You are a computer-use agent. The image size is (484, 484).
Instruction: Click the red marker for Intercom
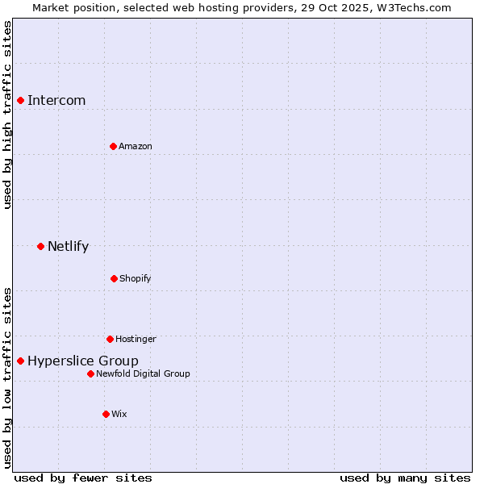click(21, 100)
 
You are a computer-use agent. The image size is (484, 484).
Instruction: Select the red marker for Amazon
click(113, 146)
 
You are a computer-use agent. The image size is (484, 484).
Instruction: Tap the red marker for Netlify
click(40, 246)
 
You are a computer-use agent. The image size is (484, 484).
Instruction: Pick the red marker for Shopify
click(114, 278)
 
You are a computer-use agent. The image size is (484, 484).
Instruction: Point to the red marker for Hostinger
click(110, 339)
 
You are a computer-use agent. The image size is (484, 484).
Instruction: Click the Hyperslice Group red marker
click(21, 361)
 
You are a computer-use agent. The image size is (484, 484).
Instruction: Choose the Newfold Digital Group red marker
click(90, 373)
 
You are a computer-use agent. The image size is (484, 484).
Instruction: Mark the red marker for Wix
click(106, 414)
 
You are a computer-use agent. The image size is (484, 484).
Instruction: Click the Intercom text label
click(56, 101)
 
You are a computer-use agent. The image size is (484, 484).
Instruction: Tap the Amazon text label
click(136, 146)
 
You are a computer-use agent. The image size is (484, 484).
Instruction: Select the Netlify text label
click(68, 247)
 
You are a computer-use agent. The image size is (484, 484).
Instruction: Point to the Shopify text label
click(136, 278)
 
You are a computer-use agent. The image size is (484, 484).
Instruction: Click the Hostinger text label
click(136, 339)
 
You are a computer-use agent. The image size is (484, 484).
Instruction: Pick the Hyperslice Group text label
click(83, 361)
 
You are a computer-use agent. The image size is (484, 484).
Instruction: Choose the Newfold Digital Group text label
click(144, 373)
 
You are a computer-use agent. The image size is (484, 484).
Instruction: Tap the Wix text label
click(119, 414)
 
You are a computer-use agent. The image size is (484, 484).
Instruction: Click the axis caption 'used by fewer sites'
click(83, 478)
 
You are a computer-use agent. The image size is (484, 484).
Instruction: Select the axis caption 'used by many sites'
click(405, 478)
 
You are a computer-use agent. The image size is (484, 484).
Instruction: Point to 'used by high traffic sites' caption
click(7, 115)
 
